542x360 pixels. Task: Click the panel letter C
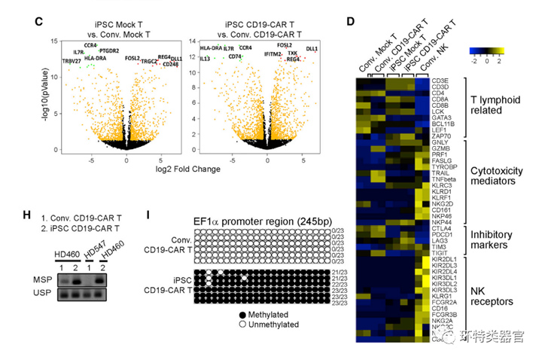point(38,21)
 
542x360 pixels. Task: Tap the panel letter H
point(27,215)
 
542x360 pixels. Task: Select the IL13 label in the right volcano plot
point(205,58)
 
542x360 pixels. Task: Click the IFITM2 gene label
point(273,54)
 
